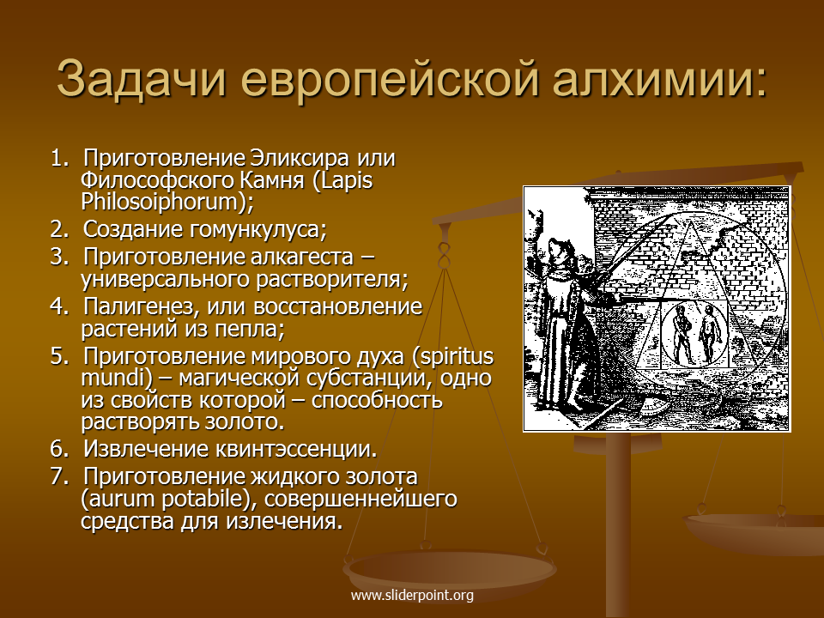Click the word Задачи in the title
142,78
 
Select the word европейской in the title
390,80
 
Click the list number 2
59,229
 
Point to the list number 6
59,449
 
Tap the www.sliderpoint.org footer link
412,596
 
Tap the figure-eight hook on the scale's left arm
445,256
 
